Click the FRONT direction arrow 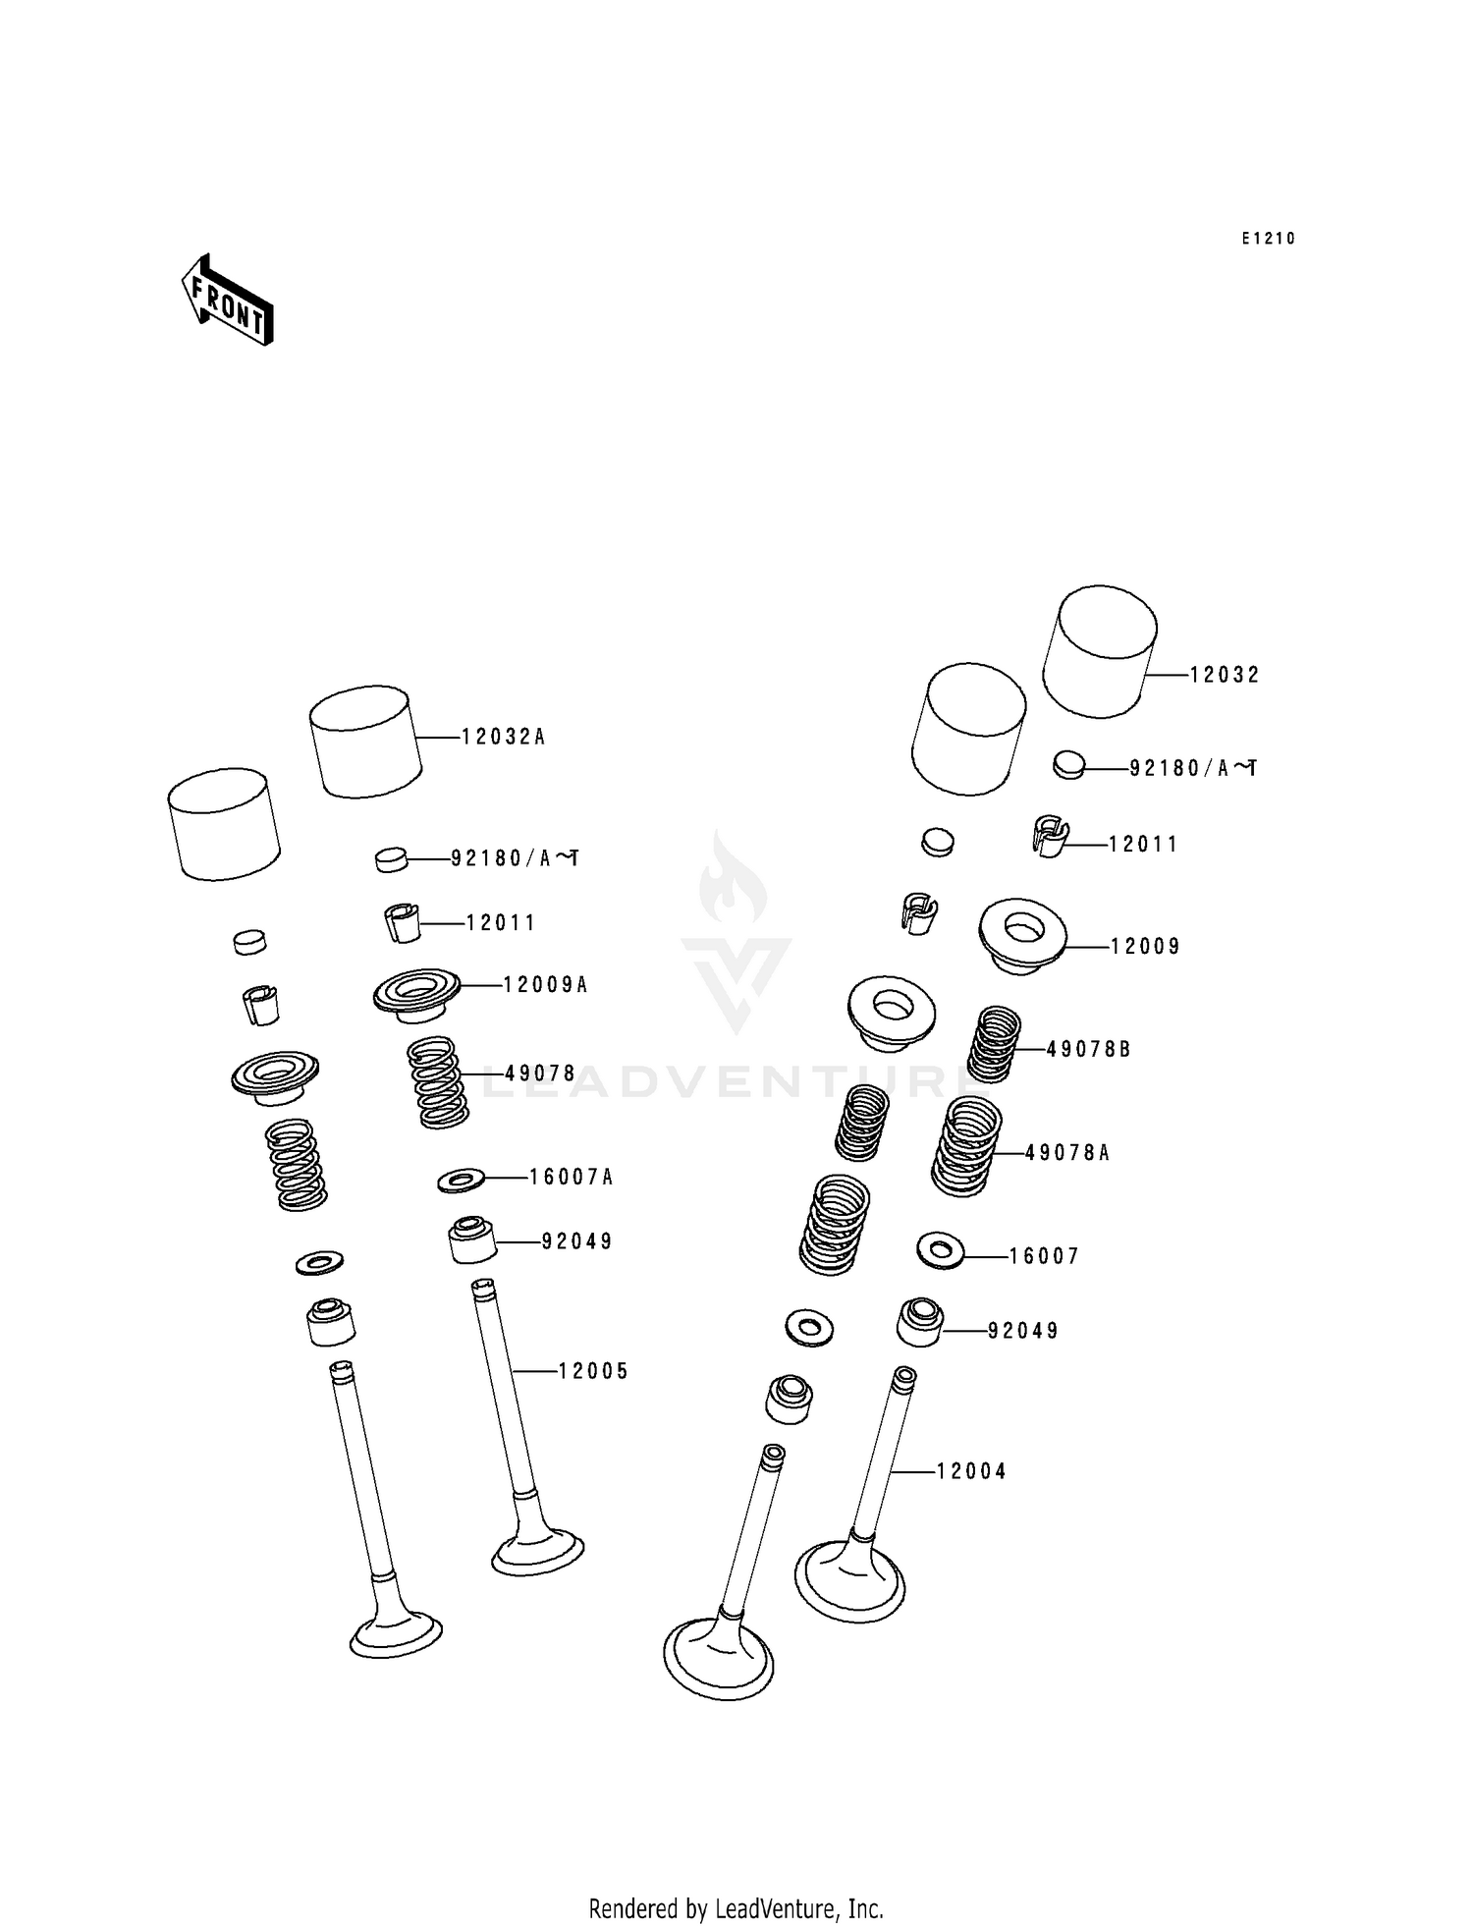coord(227,300)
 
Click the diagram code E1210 coord(1268,239)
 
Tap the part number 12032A coord(504,737)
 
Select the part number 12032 coord(1225,675)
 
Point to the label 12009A coord(545,984)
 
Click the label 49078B coord(1088,1049)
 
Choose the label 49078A coord(1067,1153)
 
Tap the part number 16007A coord(571,1177)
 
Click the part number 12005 coord(593,1371)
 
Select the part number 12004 coord(971,1471)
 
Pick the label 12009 coord(1145,947)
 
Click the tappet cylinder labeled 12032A coord(364,742)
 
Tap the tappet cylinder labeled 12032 coord(1100,650)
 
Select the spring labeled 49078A coord(966,1147)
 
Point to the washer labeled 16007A coord(461,1179)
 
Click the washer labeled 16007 coord(940,1250)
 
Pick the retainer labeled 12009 coord(1022,935)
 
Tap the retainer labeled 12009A coord(416,994)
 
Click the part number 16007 coord(1044,1256)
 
